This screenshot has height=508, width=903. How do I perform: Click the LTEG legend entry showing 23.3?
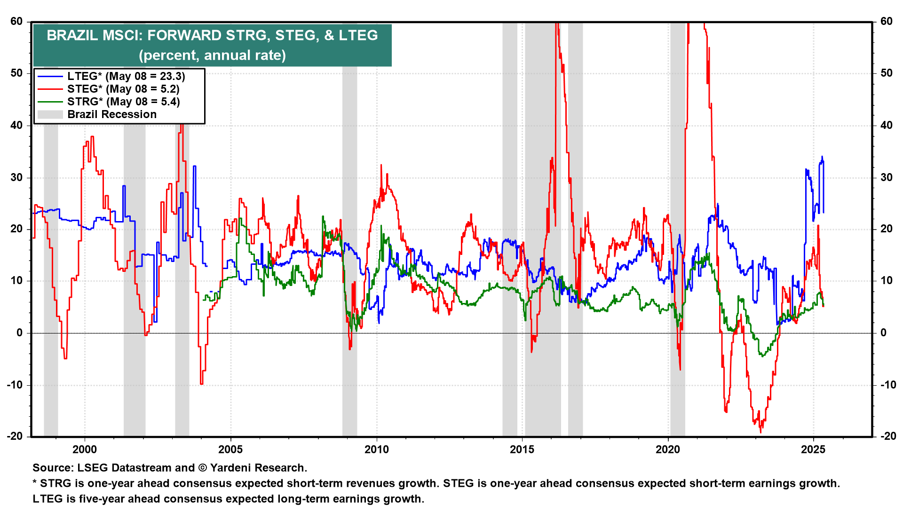click(126, 76)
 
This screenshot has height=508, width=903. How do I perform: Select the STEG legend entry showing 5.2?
click(123, 89)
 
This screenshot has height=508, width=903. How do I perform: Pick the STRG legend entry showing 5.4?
click(123, 102)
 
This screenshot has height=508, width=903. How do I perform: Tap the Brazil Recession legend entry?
click(111, 114)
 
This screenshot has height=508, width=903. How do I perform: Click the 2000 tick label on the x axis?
click(85, 449)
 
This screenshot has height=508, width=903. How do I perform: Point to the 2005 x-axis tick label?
click(230, 449)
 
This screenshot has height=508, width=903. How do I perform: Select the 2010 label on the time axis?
click(377, 449)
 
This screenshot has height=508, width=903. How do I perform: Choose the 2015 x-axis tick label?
click(522, 449)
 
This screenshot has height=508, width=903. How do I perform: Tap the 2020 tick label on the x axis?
click(668, 449)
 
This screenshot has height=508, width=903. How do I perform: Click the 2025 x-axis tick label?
click(813, 449)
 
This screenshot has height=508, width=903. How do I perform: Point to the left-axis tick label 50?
click(16, 73)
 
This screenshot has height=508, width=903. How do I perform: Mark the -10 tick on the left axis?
click(15, 385)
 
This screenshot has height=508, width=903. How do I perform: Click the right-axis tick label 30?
click(887, 177)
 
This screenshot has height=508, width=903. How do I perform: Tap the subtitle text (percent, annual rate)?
click(212, 55)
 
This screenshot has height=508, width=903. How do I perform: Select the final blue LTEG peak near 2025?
click(822, 157)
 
